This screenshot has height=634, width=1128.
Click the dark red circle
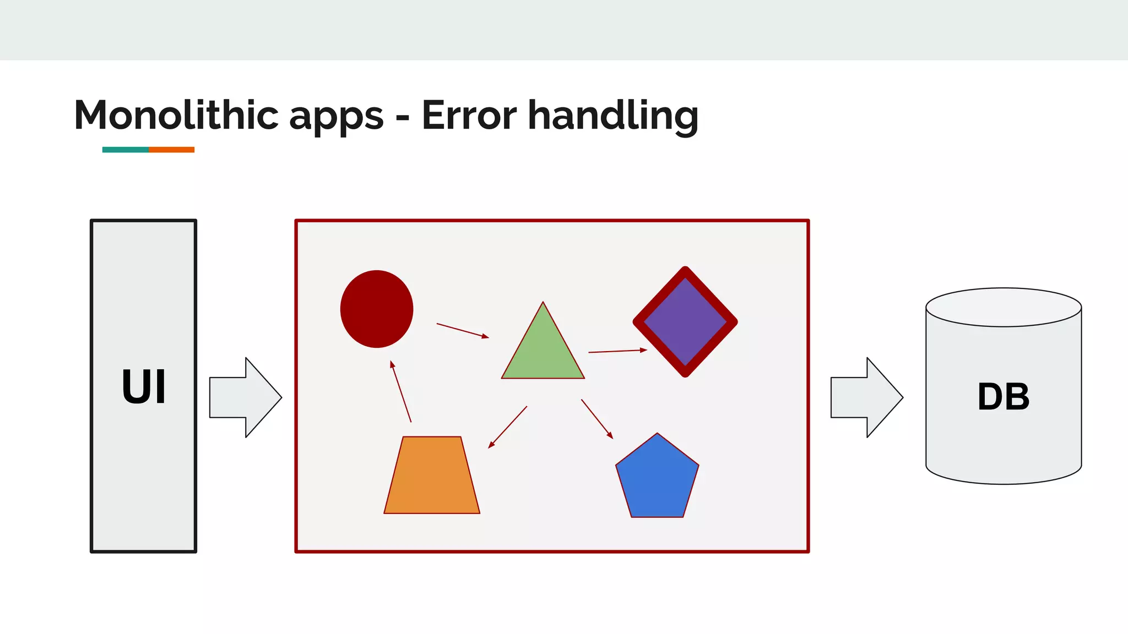377,309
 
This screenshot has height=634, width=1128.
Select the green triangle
543,352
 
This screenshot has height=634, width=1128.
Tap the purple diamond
685,322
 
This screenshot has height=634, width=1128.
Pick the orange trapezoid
432,476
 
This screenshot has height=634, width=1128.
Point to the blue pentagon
657,479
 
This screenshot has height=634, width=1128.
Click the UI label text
143,387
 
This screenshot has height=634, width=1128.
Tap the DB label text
1003,397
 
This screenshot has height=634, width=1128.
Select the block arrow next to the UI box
246,397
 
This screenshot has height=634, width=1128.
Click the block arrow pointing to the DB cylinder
866,397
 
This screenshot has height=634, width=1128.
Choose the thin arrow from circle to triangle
462,330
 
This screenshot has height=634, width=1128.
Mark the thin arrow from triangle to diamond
617,351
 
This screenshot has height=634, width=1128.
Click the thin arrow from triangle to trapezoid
508,427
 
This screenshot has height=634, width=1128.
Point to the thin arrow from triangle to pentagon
597,419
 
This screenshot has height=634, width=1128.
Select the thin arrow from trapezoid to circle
400,391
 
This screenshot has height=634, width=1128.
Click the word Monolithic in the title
176,116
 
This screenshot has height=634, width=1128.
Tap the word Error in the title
469,116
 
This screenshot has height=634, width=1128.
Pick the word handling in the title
613,117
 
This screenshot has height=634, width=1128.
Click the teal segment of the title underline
126,150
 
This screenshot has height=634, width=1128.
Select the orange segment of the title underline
171,150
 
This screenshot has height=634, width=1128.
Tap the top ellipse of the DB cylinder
1004,307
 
